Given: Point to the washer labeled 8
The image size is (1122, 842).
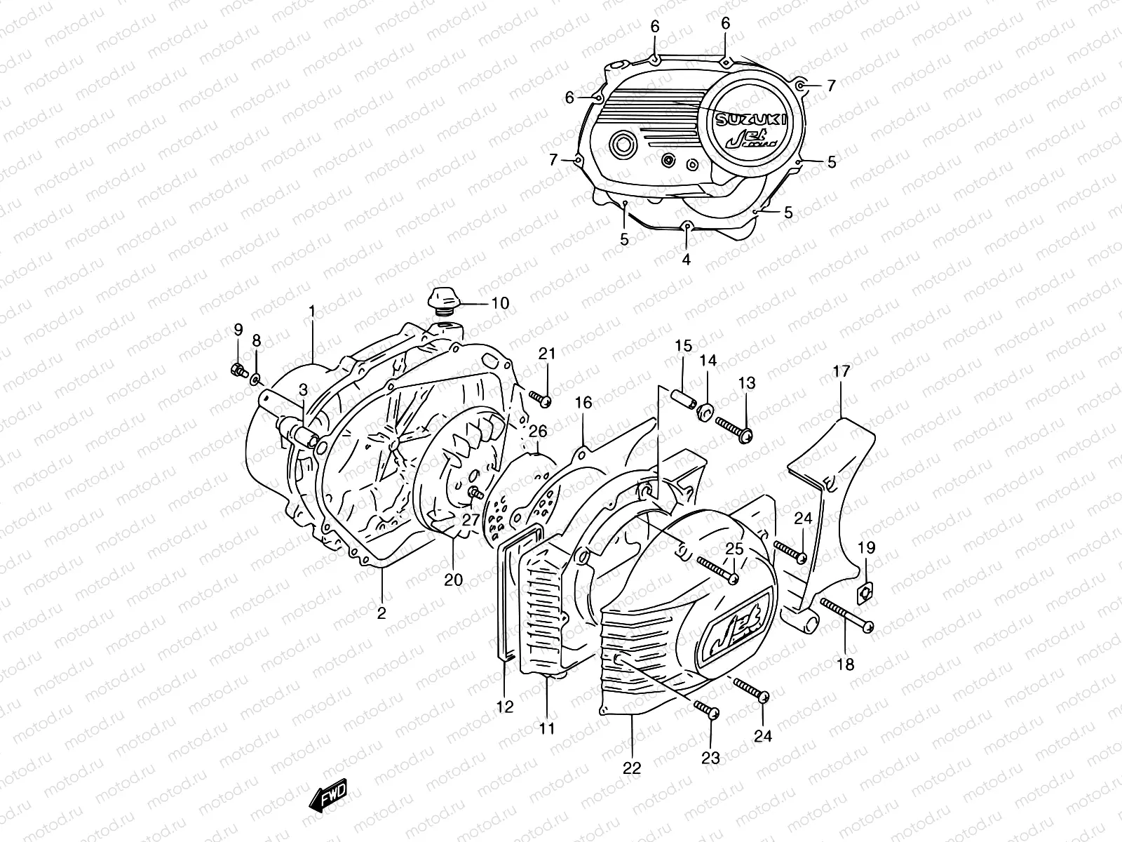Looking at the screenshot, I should click(257, 380).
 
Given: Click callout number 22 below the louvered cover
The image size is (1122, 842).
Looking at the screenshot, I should click(632, 768).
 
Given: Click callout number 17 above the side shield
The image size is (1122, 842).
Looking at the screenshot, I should click(841, 371).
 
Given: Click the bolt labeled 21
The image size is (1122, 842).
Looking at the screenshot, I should click(541, 399).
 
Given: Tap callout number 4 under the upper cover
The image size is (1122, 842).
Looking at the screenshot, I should click(686, 259).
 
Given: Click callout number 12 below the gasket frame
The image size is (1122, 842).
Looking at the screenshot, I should click(506, 707).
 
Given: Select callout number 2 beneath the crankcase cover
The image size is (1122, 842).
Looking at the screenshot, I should click(381, 613).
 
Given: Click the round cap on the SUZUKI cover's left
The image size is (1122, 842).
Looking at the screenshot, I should click(622, 145).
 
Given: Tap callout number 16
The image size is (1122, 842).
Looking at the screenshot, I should click(583, 402).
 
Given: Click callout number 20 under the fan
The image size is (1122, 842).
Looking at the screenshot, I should click(454, 579).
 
